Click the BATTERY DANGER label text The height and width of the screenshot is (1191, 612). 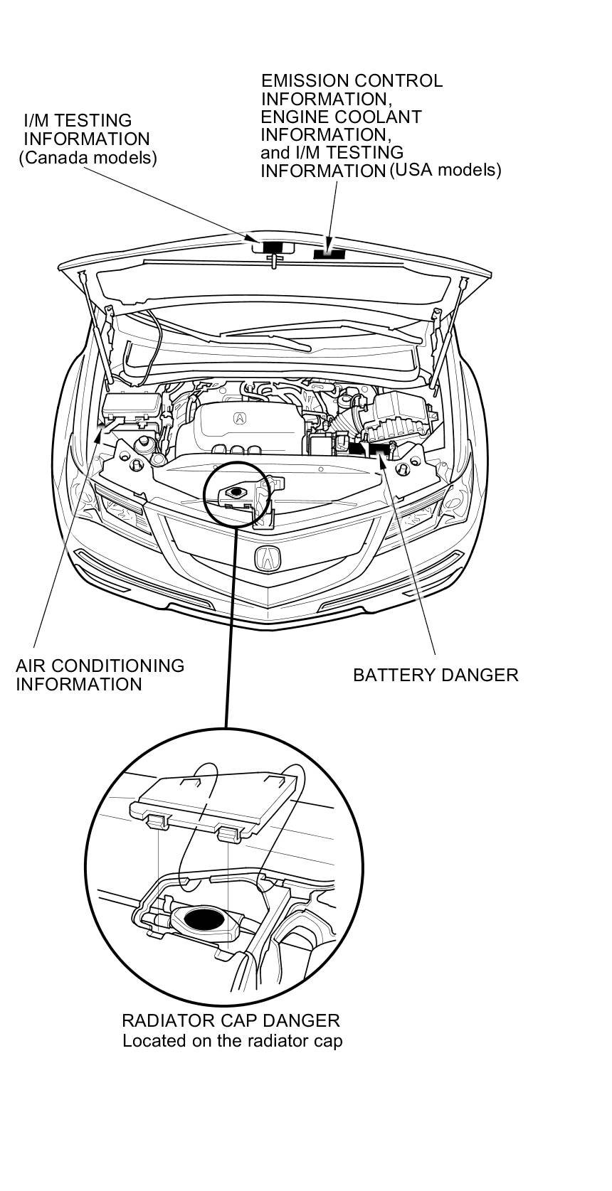point(436,675)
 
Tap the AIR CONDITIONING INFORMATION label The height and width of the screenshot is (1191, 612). point(100,675)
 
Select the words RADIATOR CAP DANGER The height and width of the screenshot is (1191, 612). point(231,1020)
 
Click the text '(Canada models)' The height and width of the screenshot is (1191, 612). point(88,157)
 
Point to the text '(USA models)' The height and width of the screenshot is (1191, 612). point(445,170)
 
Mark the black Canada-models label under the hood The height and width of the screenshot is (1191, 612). point(272,246)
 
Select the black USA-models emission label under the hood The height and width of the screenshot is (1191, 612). point(329,252)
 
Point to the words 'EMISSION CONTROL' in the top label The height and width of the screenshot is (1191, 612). point(352,81)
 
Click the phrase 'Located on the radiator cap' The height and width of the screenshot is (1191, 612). point(232,1041)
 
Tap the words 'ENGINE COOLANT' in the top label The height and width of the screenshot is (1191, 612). point(341,117)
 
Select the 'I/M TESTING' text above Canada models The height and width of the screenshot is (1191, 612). point(78,121)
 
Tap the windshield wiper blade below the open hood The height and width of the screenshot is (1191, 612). point(267,339)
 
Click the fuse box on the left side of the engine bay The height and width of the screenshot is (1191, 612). point(132,407)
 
